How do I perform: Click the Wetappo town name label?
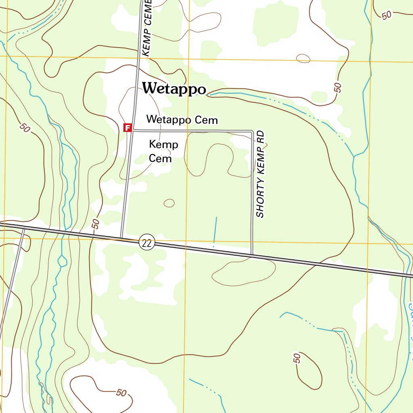(174, 89)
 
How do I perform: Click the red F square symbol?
(127, 128)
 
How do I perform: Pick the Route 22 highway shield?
(147, 243)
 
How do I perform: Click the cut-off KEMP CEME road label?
(146, 28)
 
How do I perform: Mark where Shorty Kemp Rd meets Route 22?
(252, 255)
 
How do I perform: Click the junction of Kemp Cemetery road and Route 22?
(121, 238)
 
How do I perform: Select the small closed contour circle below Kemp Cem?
(169, 203)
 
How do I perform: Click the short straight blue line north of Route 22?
(215, 231)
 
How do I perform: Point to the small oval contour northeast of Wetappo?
(303, 58)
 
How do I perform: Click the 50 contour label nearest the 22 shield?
(96, 224)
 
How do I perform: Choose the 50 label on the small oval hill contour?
(297, 358)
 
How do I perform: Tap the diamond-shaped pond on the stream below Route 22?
(62, 261)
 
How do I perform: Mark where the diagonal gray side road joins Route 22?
(23, 228)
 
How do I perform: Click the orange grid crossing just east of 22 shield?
(186, 241)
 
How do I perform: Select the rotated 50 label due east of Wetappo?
(338, 88)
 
